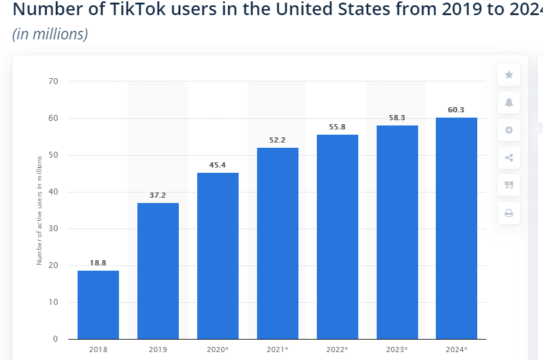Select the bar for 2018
click(99, 305)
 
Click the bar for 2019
click(158, 271)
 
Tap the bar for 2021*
click(277, 243)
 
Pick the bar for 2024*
click(456, 229)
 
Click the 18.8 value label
click(98, 263)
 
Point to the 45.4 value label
click(218, 165)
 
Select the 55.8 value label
click(337, 127)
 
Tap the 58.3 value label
click(397, 118)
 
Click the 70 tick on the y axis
click(53, 81)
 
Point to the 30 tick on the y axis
click(53, 229)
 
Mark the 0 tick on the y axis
click(55, 339)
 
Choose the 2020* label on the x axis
click(218, 349)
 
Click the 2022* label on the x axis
click(337, 349)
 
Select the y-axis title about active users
click(39, 210)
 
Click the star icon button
click(509, 75)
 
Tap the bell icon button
click(509, 102)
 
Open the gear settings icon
click(509, 130)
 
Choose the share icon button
click(509, 158)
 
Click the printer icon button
click(509, 213)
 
